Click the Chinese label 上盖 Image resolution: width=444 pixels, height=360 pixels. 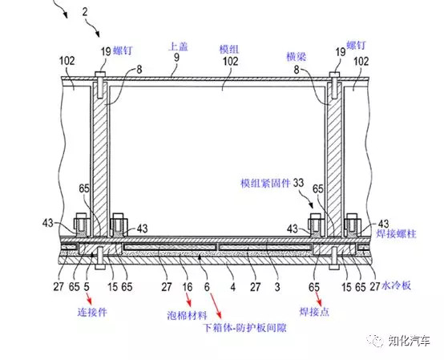pos(178,47)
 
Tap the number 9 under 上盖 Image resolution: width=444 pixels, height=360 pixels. pos(176,58)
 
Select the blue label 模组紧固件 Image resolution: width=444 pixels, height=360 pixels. pos(265,184)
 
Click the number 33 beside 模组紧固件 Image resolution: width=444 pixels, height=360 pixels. pos(298,183)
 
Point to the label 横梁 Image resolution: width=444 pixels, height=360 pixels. pos(297,57)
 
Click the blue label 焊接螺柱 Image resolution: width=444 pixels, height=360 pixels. pos(396,233)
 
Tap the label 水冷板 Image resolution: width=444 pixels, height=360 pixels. pos(397,285)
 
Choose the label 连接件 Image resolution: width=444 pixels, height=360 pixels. pos(93,312)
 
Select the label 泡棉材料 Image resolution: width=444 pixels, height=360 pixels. pos(188,315)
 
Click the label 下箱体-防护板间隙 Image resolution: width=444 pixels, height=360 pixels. pos(245,328)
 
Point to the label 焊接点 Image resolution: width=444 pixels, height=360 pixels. pos(314,312)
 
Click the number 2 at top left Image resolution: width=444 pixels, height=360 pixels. pos(85,12)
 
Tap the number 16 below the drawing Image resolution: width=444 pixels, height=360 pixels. pos(188,287)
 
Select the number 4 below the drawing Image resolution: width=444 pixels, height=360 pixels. pos(232,287)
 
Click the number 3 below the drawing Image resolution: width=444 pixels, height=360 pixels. pos(277,287)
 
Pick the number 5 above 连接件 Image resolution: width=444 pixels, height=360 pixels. pos(87,287)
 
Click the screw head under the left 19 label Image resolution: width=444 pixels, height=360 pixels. pos(100,75)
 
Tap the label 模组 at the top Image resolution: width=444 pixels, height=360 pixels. pos(229,49)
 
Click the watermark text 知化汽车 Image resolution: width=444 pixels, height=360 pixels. pos(410,341)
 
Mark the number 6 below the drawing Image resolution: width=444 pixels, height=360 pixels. pos(207,287)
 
